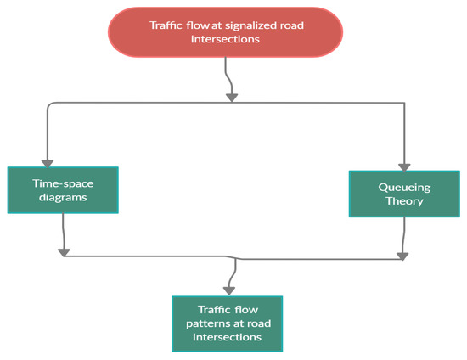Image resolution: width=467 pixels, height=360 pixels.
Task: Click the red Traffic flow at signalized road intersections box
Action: click(x=225, y=33)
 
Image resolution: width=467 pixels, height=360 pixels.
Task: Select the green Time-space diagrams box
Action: click(x=63, y=189)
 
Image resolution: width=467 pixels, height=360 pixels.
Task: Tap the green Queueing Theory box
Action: click(x=403, y=193)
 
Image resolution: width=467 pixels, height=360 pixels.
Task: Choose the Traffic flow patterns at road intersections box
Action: click(x=227, y=323)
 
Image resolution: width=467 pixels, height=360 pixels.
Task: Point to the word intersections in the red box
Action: click(x=225, y=41)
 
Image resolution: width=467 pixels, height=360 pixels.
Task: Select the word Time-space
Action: click(x=63, y=183)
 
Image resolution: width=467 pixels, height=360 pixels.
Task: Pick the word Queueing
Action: click(x=404, y=185)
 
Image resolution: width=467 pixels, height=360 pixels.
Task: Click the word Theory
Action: click(x=404, y=201)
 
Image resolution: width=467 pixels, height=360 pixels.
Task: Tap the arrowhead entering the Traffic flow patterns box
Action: click(x=230, y=290)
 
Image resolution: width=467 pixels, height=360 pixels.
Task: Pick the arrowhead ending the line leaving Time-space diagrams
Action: click(x=64, y=251)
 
